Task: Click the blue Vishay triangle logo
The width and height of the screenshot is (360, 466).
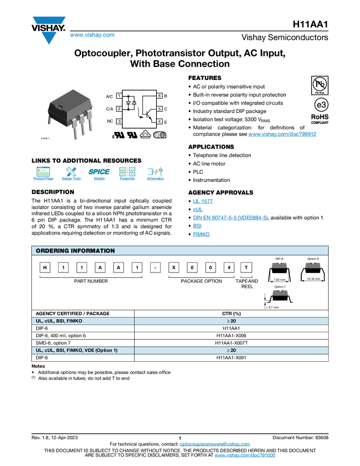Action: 50,37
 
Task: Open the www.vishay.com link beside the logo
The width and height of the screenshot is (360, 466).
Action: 92,36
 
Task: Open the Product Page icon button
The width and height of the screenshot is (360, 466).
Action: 43,175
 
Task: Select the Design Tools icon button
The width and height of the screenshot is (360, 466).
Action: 71,175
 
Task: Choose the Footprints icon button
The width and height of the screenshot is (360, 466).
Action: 127,175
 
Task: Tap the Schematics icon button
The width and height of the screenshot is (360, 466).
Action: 155,175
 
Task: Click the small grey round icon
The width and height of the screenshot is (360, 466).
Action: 157,134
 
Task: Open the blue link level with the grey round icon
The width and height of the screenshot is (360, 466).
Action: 283,134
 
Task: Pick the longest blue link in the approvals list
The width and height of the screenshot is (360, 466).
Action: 230,218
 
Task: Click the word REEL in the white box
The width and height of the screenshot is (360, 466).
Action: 247,287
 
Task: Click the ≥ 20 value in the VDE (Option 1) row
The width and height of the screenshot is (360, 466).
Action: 231,350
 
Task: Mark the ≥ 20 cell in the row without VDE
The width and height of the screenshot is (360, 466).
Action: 231,321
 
